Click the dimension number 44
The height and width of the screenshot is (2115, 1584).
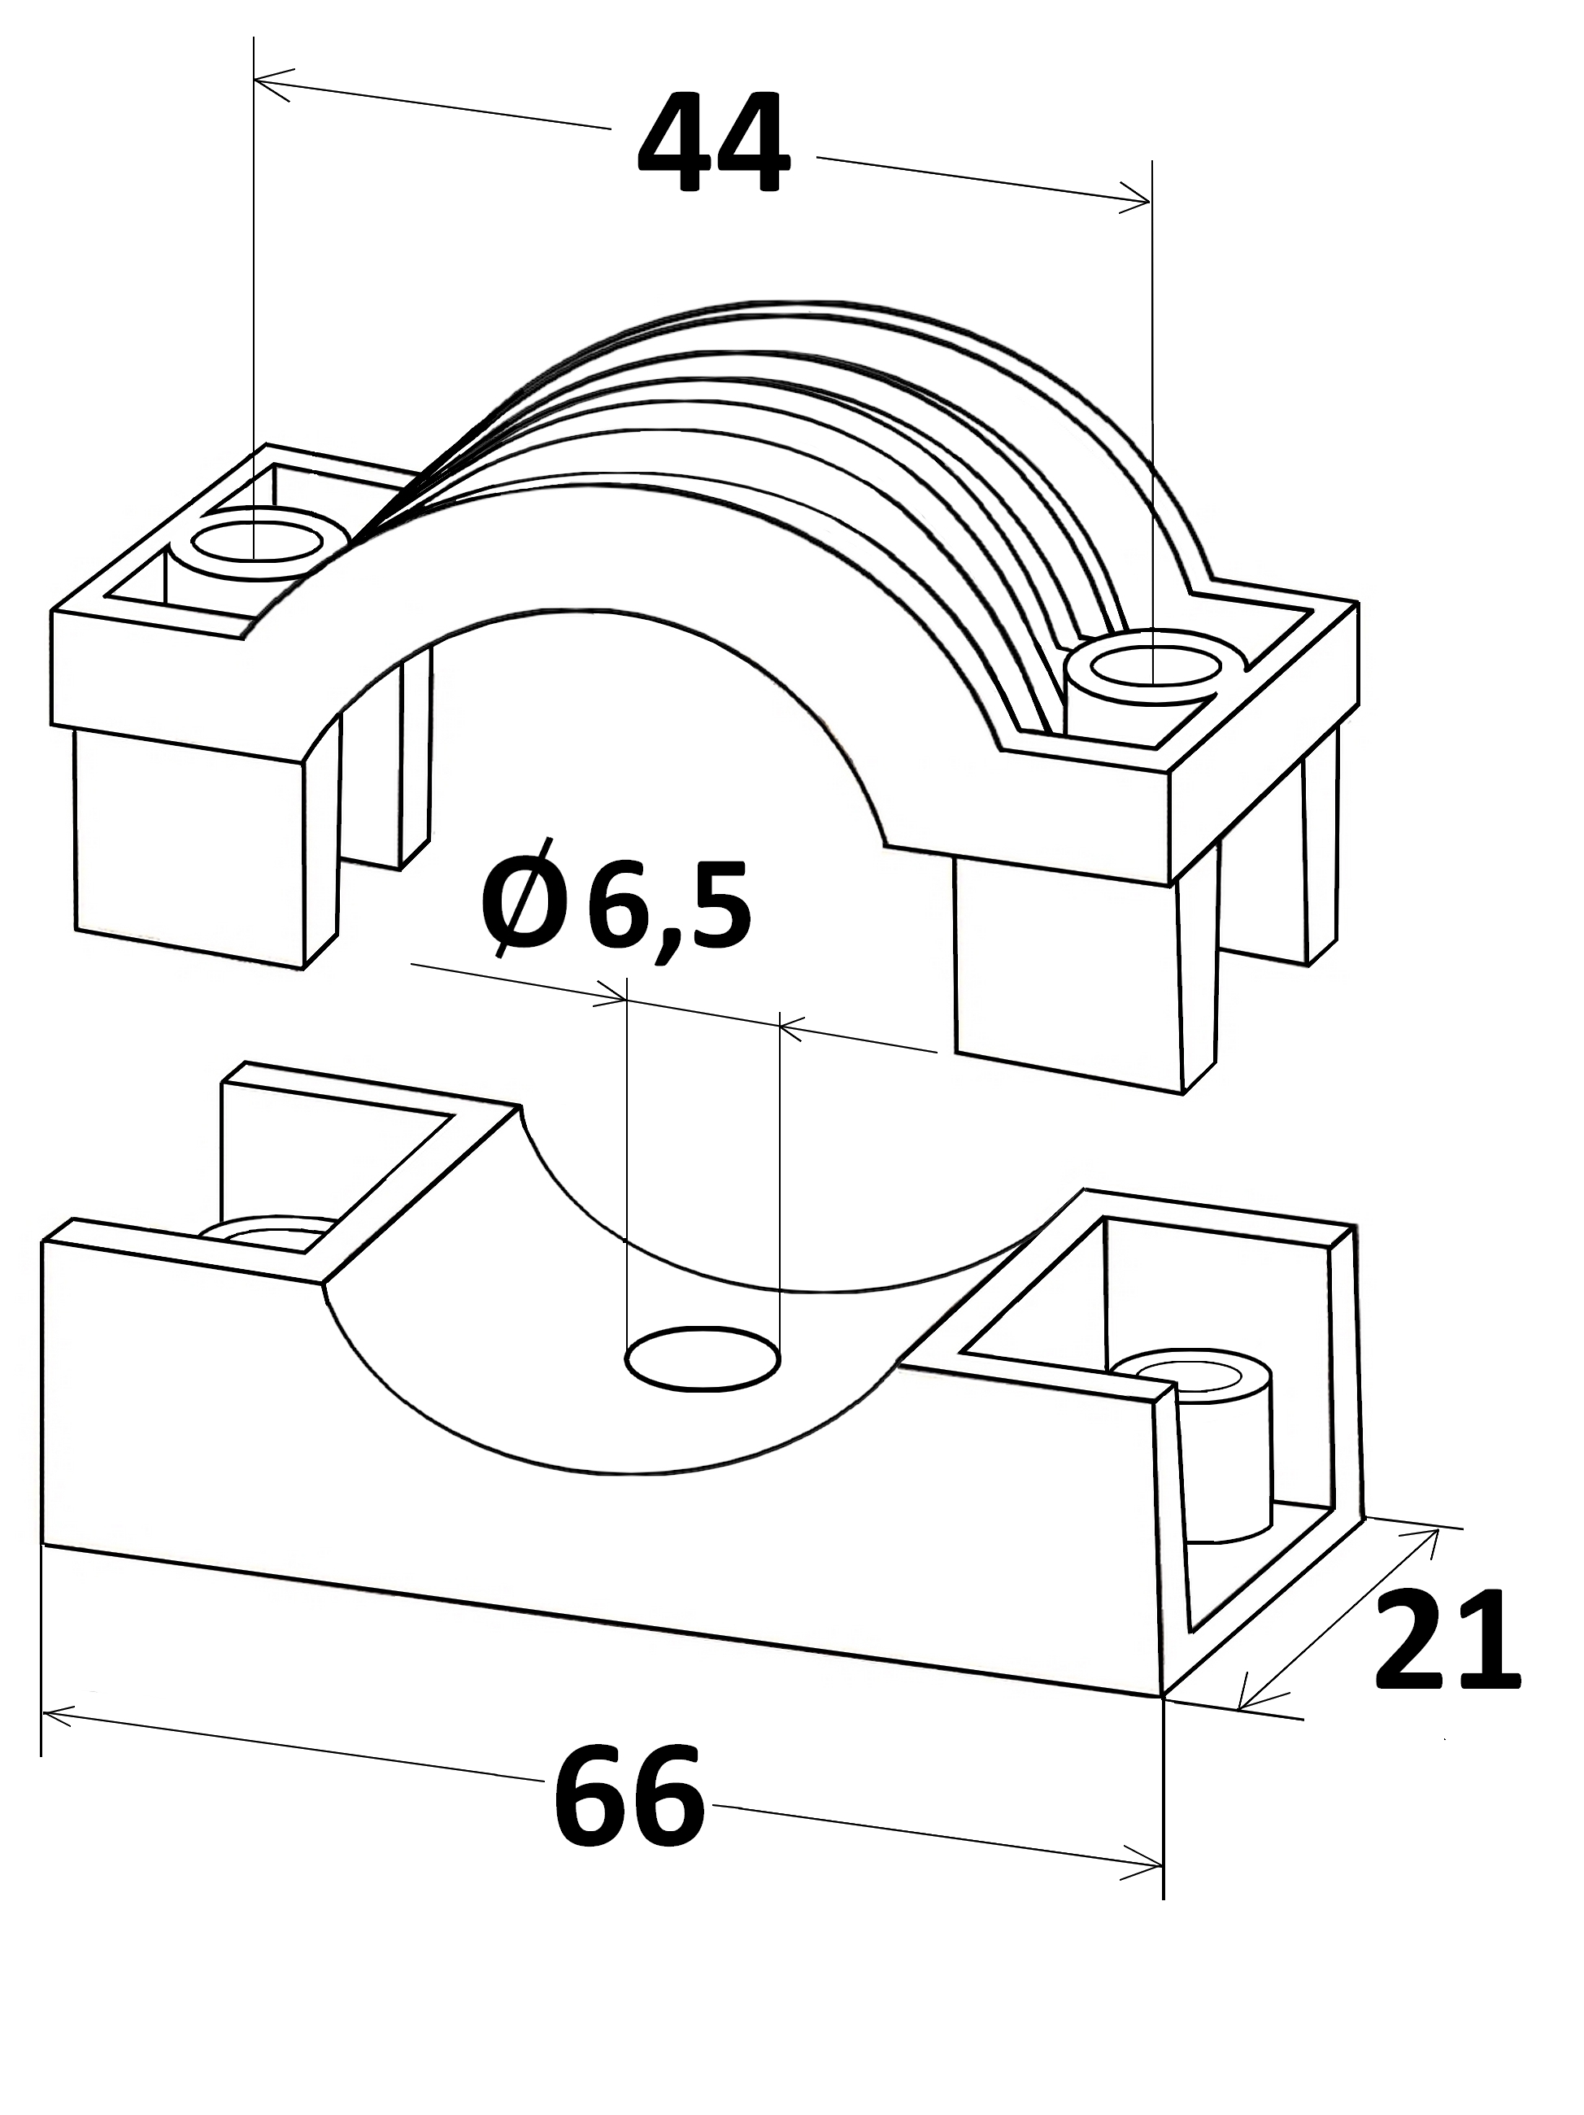coord(713,144)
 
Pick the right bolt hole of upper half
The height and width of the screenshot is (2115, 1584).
coord(1155,669)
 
